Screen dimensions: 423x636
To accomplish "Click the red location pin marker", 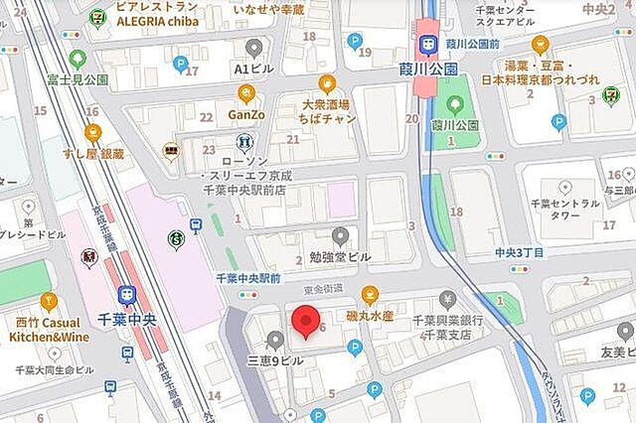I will click(305, 325).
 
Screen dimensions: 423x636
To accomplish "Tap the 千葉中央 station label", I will click(126, 320).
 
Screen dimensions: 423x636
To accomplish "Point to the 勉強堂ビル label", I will click(339, 256).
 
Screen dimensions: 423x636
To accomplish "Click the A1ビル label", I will click(253, 70).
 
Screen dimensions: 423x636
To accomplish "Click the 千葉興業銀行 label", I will click(448, 320).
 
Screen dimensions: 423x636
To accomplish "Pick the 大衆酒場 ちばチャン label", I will click(327, 109).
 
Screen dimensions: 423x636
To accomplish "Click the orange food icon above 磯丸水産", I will click(371, 294).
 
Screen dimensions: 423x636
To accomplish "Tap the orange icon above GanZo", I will click(246, 95).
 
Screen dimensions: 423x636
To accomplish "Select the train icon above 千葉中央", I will click(126, 295).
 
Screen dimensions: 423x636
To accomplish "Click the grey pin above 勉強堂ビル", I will click(340, 235).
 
